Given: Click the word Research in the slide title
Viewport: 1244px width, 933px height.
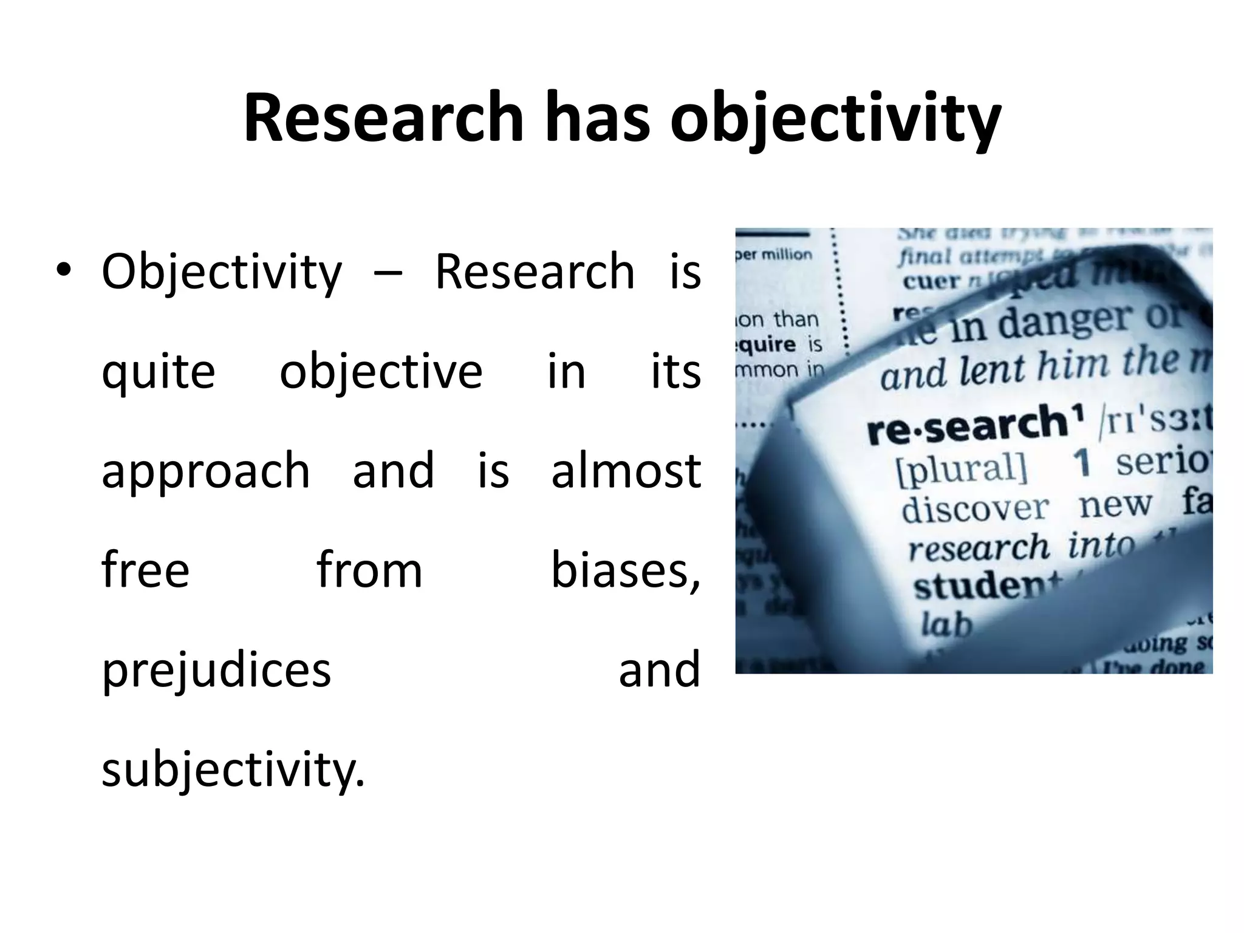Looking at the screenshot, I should [383, 118].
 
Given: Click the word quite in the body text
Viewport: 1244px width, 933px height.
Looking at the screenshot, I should [158, 372].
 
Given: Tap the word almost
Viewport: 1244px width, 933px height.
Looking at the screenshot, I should [626, 471].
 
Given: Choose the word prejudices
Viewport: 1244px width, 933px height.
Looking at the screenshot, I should [216, 671].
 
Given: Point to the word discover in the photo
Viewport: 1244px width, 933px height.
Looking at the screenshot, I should [974, 509].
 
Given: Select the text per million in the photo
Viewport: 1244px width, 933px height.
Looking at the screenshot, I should [774, 255].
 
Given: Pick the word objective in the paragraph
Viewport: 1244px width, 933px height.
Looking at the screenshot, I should [381, 372].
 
